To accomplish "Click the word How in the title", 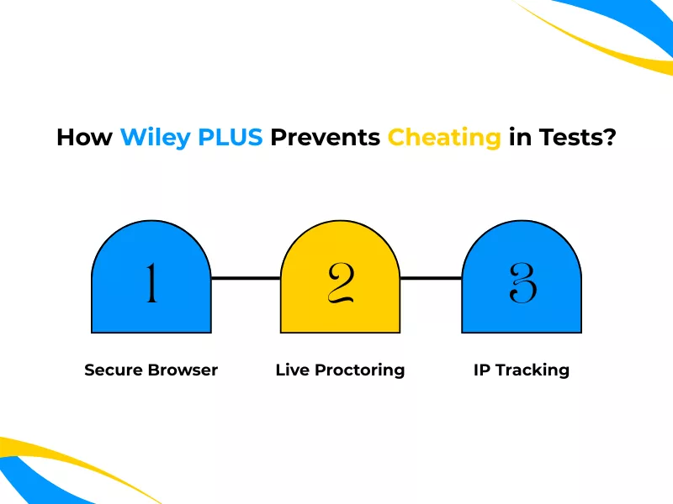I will coord(84,137).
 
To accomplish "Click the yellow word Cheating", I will coord(444,137).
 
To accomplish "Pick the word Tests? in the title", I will coord(575,137).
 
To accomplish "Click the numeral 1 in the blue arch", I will coord(151,283).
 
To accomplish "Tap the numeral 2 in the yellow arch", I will coord(339,283).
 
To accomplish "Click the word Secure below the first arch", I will coord(114,370).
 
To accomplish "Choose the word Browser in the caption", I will coord(183,370).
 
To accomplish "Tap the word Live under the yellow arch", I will coord(292,370).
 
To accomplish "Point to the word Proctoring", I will coord(359,370).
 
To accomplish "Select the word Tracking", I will coord(532,370).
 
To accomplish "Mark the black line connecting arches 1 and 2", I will coord(245,277).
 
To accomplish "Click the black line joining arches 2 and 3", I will coord(431,277).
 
